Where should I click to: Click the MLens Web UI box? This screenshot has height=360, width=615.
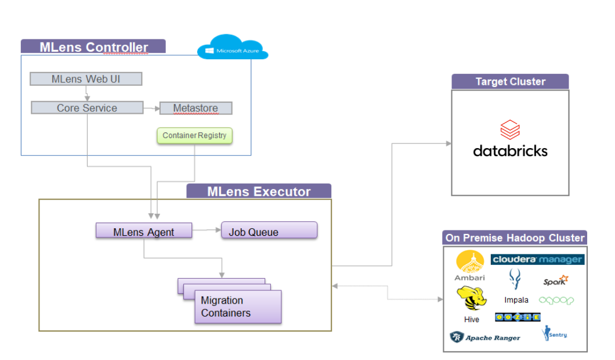click(86, 79)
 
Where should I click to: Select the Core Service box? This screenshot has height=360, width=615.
click(87, 108)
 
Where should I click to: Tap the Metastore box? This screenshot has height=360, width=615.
click(195, 109)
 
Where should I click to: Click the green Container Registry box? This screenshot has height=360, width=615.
click(194, 136)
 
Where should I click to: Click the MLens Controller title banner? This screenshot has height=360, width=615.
click(93, 47)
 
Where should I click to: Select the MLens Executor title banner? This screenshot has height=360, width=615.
click(259, 192)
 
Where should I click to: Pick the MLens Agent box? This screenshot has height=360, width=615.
click(144, 232)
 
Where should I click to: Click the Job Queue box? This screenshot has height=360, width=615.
click(269, 231)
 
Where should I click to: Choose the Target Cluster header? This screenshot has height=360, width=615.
click(510, 81)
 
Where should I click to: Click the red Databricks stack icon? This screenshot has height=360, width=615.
click(510, 129)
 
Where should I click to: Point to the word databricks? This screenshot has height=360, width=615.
click(510, 151)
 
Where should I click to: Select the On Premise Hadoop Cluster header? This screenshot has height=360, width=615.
click(515, 237)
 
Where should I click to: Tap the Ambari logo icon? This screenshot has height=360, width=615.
click(470, 262)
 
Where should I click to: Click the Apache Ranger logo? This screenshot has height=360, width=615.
click(485, 337)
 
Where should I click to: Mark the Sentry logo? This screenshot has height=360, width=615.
click(554, 334)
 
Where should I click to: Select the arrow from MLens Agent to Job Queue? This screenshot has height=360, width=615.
click(206, 231)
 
